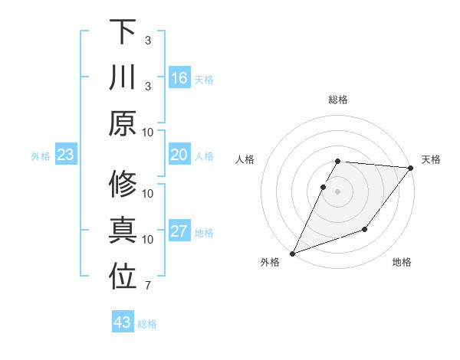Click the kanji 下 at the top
pos(123,32)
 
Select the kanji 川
pos(123,78)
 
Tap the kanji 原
pos(123,123)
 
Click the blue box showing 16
pos(179,78)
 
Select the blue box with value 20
pos(179,155)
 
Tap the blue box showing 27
pos(179,232)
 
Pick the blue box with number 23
pos(65,155)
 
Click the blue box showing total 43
pos(122,322)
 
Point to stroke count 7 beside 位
pos(147,286)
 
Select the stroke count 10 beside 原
pos(149,132)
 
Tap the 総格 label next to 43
pos(147,324)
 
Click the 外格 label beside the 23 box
pos(41,156)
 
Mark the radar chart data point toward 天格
pos(411,169)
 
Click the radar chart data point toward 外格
pos(293,253)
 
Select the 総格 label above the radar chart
pos(338,100)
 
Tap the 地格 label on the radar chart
pos(402,263)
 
